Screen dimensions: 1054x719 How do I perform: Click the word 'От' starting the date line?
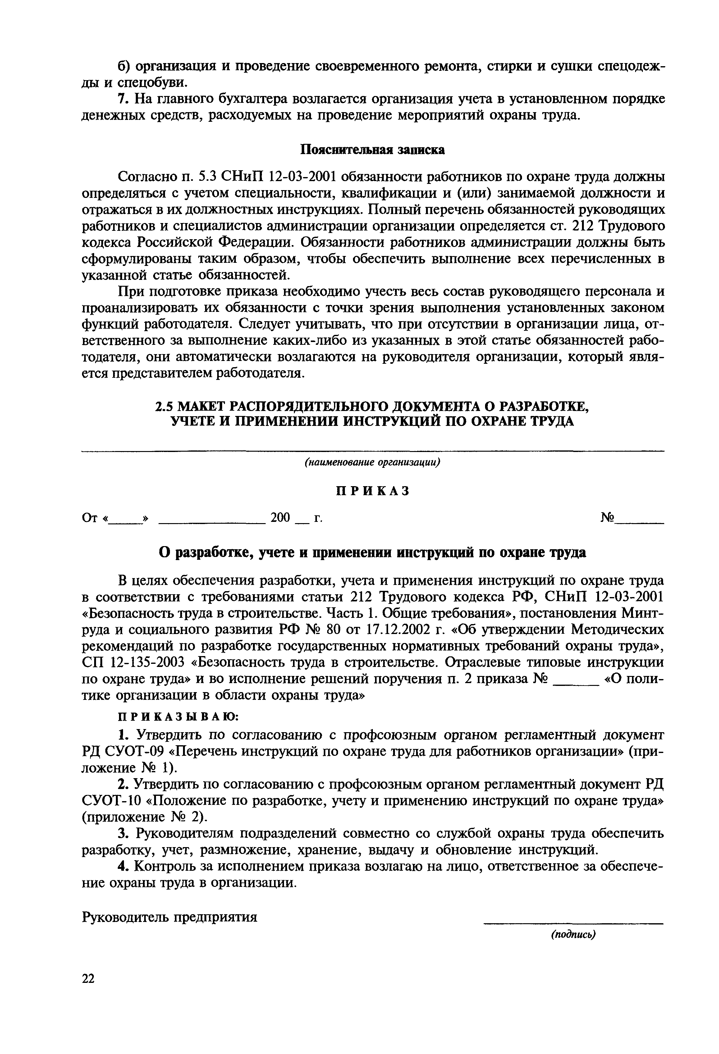coord(89,518)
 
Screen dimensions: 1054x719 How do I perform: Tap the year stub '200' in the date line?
coord(280,518)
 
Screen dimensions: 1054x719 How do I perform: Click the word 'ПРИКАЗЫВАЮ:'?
coord(178,717)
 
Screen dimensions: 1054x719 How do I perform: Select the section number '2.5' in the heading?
coord(165,405)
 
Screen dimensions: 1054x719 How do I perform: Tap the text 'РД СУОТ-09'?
coord(122,751)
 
